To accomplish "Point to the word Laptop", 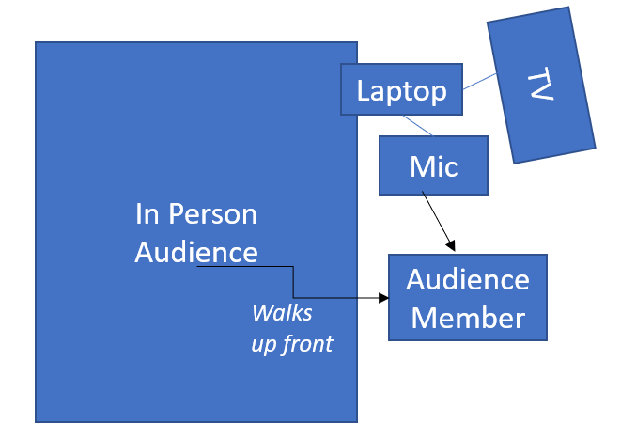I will [x=401, y=91].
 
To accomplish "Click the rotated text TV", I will [x=539, y=86].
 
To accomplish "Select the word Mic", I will [x=433, y=166].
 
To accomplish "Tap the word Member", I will [x=468, y=317].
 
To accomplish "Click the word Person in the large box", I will [x=212, y=214].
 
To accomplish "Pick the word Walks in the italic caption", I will [x=282, y=312].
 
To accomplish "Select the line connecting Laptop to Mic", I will [x=418, y=125].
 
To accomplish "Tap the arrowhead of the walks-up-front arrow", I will [x=383, y=298].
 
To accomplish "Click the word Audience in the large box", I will [x=195, y=252].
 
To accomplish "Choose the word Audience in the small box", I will [x=468, y=279].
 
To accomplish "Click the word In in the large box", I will [x=147, y=214].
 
